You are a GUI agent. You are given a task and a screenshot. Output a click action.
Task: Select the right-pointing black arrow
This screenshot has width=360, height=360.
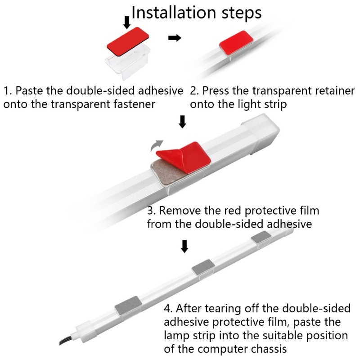174,38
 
